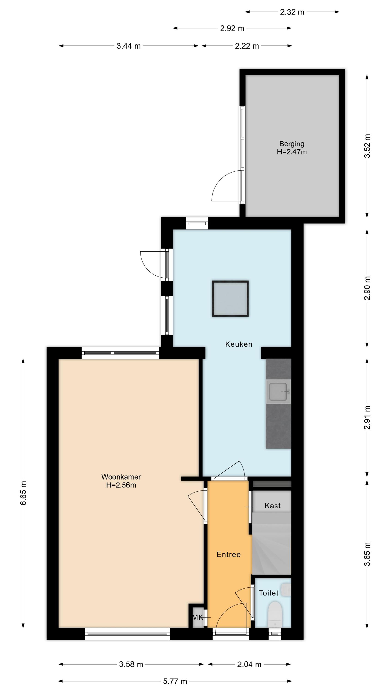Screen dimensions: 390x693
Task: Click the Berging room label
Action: click(292, 144)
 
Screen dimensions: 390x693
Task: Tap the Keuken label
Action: click(239, 344)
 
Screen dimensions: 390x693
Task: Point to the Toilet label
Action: click(269, 593)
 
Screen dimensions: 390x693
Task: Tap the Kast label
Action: click(273, 506)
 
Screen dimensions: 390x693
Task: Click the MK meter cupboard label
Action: click(198, 617)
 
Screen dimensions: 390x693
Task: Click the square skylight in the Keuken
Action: click(230, 299)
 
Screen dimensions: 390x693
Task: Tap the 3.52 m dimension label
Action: click(367, 146)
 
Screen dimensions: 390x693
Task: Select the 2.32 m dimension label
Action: click(292, 12)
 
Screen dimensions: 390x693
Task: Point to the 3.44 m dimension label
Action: click(129, 46)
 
